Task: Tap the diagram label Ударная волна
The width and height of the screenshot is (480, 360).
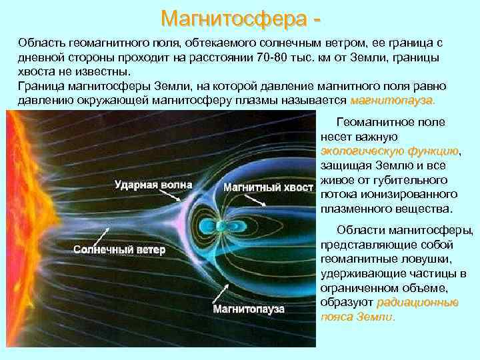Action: coord(153,185)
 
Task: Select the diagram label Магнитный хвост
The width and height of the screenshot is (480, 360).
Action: coord(267,187)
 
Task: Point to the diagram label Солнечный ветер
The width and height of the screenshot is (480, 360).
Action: coord(119,250)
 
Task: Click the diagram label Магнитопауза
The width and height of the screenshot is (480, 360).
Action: coord(249,309)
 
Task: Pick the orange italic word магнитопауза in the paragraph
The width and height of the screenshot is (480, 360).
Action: coord(391,101)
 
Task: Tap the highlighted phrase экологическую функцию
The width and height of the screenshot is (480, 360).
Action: coord(389,152)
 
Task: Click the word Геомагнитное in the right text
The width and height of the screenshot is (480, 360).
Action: coord(371,123)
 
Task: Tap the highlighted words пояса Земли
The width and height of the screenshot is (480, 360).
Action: coord(357,317)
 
